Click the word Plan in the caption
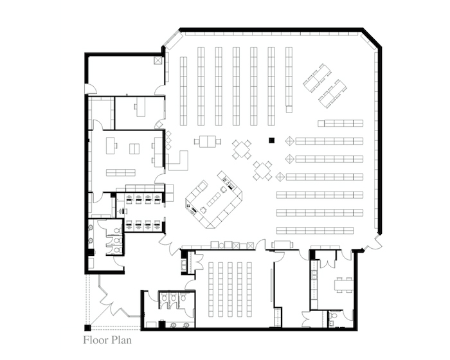[x=122, y=340]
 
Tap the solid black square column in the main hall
[x=272, y=140]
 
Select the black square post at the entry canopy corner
[x=87, y=328]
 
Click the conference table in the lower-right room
[x=343, y=285]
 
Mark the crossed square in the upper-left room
[x=158, y=60]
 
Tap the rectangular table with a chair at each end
[x=208, y=141]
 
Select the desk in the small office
[x=141, y=107]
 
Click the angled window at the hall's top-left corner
[x=173, y=40]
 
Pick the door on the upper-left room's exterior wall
[x=91, y=89]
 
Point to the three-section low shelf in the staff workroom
[x=121, y=172]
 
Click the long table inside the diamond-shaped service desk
[x=214, y=199]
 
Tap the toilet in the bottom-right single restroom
[x=334, y=316]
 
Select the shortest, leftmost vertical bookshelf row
[x=183, y=91]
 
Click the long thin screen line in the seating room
[x=271, y=285]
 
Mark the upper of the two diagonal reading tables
[x=317, y=78]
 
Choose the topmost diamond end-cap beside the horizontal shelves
[x=290, y=141]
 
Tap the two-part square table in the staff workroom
[x=134, y=148]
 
